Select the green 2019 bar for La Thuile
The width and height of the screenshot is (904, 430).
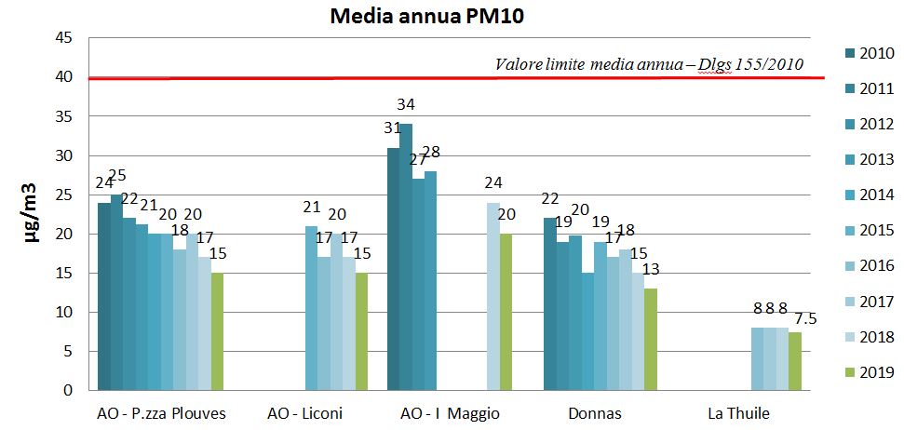(x=794, y=361)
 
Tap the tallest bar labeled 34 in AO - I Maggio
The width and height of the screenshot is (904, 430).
(x=406, y=257)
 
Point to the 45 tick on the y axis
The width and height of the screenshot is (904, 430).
(x=65, y=38)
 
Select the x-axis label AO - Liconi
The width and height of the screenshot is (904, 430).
(x=304, y=412)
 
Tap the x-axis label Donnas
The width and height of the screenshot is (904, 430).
(x=594, y=412)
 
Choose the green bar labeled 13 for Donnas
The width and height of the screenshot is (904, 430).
(x=650, y=340)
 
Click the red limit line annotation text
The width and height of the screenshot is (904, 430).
(x=649, y=65)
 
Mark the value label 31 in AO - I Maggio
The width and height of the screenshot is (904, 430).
(x=392, y=128)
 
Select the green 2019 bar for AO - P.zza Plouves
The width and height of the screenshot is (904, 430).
(x=217, y=331)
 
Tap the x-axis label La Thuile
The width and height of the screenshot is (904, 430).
(x=738, y=412)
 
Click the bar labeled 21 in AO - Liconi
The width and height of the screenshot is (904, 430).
(x=311, y=308)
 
